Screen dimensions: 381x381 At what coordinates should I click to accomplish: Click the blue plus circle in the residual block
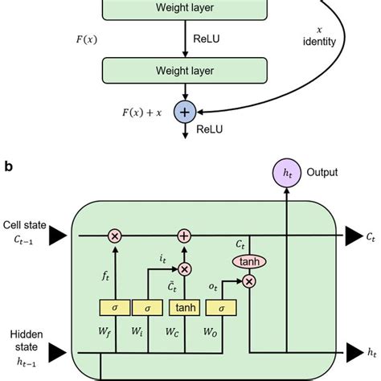(186, 111)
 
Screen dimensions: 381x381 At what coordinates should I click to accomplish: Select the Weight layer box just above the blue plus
(186, 72)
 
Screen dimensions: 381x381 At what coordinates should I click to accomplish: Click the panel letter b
(8, 166)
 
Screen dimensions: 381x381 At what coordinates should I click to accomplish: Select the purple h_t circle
(287, 174)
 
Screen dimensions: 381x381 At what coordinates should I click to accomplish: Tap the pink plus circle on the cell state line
(184, 236)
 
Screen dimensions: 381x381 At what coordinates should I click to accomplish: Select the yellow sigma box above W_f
(115, 307)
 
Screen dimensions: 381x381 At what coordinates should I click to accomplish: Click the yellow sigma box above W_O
(219, 307)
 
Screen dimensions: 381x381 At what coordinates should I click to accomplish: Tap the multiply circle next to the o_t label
(249, 281)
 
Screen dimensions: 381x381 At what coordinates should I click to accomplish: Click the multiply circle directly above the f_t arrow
(115, 236)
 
